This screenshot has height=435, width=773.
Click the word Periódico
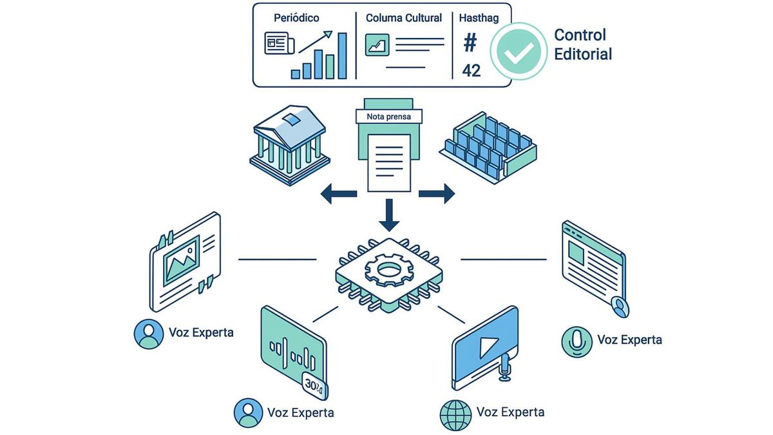[x=296, y=18]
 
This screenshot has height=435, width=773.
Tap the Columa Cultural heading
[x=404, y=18]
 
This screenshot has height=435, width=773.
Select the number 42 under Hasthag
[x=472, y=70]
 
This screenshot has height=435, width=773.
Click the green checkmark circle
[x=518, y=52]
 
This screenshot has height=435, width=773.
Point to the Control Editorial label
[x=582, y=44]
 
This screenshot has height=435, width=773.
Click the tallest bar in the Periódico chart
[x=342, y=55]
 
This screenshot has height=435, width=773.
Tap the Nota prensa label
[x=388, y=117]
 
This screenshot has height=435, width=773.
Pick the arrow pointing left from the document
[x=339, y=193]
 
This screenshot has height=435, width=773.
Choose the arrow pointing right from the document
[x=437, y=193]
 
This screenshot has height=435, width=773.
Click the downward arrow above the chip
[x=388, y=215]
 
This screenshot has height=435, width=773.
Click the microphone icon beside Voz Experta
[x=577, y=341]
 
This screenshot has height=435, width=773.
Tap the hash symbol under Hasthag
[x=471, y=44]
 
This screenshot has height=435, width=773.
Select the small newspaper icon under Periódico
[x=279, y=44]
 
